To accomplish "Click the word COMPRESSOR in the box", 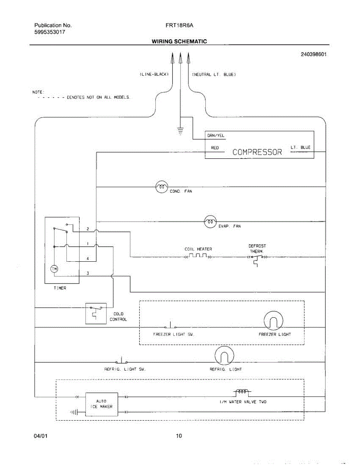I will pos(257,152).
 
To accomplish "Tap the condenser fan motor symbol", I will pos(162,187).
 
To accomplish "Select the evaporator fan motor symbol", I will pos(210,221).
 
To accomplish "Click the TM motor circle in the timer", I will pos(54,269).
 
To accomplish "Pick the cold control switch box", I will pos(96,313).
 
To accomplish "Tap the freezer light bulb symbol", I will pos(273,321).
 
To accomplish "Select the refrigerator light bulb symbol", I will pos(224,356).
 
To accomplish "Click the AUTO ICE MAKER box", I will pos(101,404).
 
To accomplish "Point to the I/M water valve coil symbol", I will pos(242,392).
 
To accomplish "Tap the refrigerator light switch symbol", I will pos(122,361).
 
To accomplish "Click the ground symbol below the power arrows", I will pos(180,131).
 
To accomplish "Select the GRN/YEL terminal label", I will pos(216,136).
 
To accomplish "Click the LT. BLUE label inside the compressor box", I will pos(300,148).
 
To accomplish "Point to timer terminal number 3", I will pos(88,273).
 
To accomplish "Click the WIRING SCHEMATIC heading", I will pos(179,41).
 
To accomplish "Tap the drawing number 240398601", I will pos(313,54).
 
